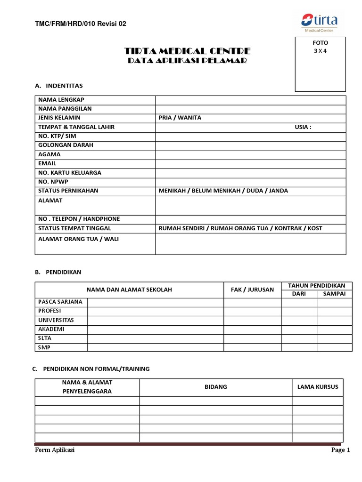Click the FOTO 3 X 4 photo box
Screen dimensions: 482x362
[320, 64]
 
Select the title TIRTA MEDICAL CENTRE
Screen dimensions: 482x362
[187, 51]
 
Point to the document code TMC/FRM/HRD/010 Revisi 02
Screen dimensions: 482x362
[81, 24]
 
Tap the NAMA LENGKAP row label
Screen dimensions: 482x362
[61, 100]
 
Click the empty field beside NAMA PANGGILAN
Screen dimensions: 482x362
[250, 109]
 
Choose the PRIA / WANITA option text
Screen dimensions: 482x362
[180, 118]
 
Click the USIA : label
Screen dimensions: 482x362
[303, 127]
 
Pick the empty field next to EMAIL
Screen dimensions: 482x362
[250, 163]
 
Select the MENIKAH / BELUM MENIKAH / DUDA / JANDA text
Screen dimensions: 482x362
[223, 191]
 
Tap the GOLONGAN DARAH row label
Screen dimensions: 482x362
[66, 145]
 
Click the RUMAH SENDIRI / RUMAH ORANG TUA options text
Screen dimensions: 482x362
[240, 228]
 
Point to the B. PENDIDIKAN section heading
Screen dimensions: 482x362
[58, 272]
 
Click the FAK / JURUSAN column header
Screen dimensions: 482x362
[252, 289]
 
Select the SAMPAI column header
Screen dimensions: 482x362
[334, 294]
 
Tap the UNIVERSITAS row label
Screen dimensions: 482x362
[56, 320]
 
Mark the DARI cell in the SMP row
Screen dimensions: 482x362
[299, 348]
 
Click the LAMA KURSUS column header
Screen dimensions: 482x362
[318, 387]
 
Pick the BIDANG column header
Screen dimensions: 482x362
[216, 387]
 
